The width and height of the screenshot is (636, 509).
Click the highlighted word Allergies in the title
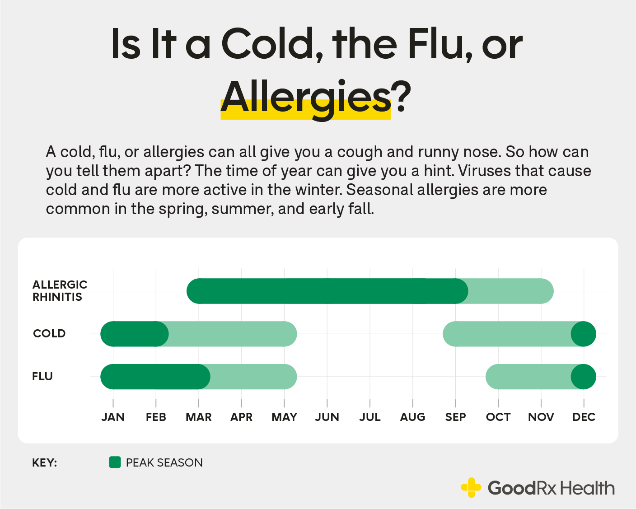[305, 98]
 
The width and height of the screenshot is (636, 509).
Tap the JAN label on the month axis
[113, 417]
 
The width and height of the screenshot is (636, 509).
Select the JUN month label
[327, 417]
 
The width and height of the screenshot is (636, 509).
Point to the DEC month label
[584, 417]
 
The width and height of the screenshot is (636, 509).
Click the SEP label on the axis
[455, 417]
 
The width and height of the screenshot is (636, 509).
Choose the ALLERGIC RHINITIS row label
[60, 291]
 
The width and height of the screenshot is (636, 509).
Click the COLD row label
[49, 334]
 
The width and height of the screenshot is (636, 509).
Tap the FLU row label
[42, 377]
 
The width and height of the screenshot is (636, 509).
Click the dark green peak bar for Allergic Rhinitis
[327, 291]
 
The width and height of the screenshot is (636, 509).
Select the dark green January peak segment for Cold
[134, 334]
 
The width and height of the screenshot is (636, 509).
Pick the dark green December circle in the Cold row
[584, 334]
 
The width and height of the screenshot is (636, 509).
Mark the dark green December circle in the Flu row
[584, 377]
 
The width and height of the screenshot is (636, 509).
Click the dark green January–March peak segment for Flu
[155, 377]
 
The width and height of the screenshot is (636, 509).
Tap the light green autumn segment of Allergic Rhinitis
[510, 291]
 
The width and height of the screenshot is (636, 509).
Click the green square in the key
[115, 462]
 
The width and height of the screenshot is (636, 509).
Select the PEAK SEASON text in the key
[164, 463]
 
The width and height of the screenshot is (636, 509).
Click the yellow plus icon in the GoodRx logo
[471, 488]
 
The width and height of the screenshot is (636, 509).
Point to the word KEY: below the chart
[44, 463]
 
